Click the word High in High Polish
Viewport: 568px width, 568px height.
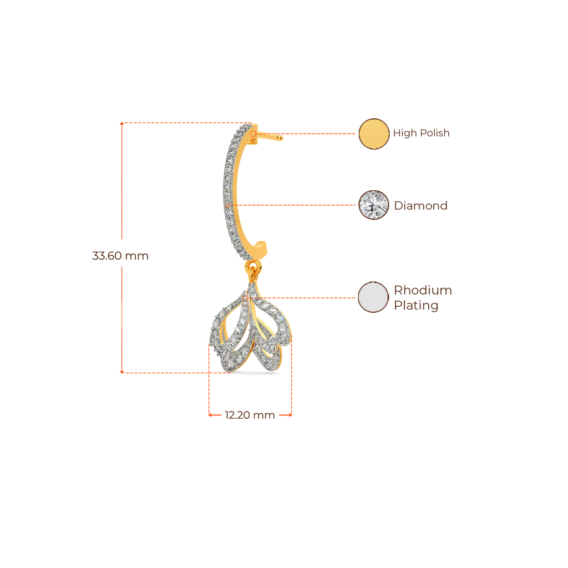pos(404,134)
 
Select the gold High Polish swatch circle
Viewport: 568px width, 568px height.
pos(374,134)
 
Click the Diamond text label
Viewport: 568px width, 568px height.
pos(420,206)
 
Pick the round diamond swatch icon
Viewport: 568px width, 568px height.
pos(374,205)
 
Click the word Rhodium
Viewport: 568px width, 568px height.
pos(423,290)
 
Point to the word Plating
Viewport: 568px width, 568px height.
pos(416,306)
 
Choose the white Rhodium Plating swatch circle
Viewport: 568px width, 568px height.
pos(373,297)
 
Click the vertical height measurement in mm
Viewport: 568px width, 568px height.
pos(120,256)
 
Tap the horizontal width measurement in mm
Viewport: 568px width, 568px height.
pos(250,415)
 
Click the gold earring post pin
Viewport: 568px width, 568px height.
pos(271,136)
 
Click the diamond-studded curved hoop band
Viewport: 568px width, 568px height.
pos(229,189)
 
